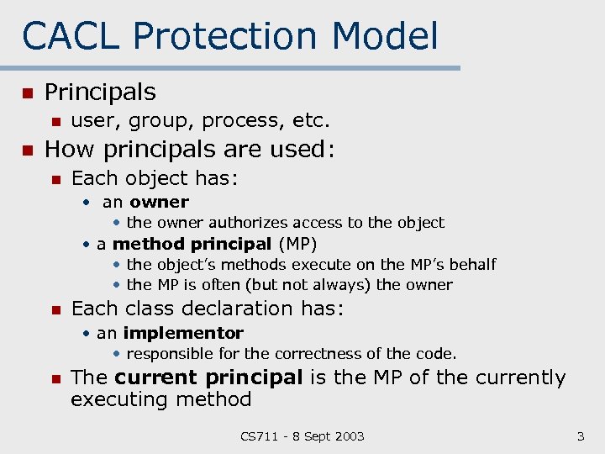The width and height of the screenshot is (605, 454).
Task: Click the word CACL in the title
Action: (x=71, y=36)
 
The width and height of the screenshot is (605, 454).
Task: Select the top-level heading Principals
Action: (x=100, y=92)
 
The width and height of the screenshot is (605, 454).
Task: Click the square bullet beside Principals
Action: (x=27, y=92)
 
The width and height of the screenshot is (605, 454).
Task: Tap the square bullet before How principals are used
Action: (x=27, y=150)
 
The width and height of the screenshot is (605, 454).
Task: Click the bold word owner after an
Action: (x=159, y=202)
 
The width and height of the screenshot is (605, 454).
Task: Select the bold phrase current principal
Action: (x=208, y=377)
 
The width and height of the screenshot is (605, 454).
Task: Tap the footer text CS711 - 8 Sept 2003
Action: (x=302, y=436)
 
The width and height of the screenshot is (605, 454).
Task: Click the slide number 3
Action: (x=580, y=436)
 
